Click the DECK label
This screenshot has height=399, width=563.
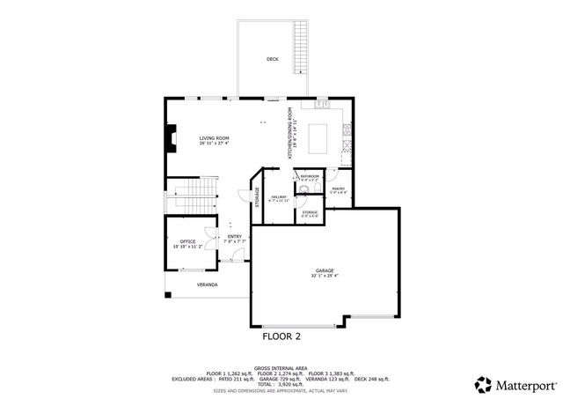pyautogui.click(x=273, y=60)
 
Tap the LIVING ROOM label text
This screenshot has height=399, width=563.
pyautogui.click(x=214, y=138)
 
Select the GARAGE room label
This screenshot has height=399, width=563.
pyautogui.click(x=325, y=270)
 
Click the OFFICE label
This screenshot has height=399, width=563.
pyautogui.click(x=187, y=240)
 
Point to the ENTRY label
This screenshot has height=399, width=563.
pyautogui.click(x=234, y=236)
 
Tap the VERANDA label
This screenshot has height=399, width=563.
pyautogui.click(x=207, y=284)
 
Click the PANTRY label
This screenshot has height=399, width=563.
pyautogui.click(x=338, y=187)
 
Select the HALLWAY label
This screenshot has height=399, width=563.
pyautogui.click(x=279, y=196)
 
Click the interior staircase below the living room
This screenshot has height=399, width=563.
pyautogui.click(x=194, y=189)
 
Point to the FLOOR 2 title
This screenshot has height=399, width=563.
pyautogui.click(x=281, y=336)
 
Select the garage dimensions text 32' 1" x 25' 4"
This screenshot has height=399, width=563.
pyautogui.click(x=325, y=276)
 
